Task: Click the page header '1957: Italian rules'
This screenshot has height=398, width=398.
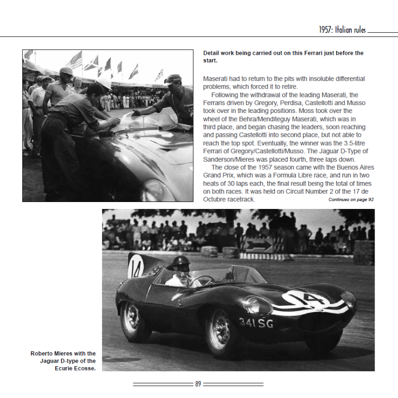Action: pos(342,30)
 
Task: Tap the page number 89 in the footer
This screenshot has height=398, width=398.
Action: pos(198,384)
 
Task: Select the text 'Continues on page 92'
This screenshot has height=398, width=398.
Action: pos(351,199)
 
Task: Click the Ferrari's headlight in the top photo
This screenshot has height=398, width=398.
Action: pos(156,189)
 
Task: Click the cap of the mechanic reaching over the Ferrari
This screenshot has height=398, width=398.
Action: pos(173,79)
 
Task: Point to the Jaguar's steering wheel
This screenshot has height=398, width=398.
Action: pos(199,280)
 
